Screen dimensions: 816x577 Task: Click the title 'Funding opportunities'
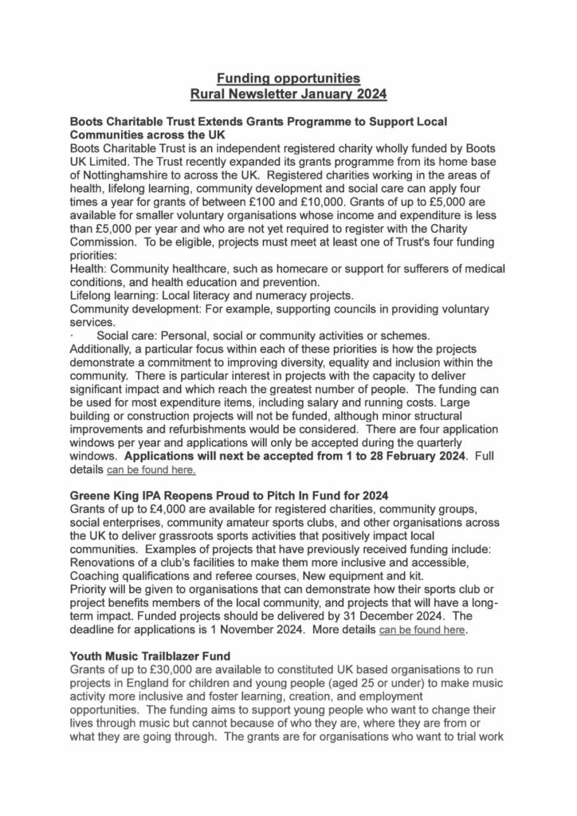point(288,78)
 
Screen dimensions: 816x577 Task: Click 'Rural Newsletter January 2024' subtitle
point(288,94)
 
